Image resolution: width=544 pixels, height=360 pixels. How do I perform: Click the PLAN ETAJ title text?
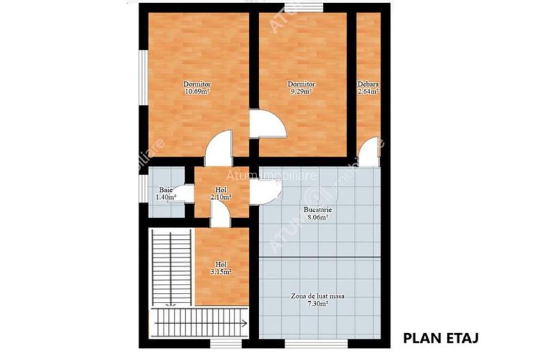pos(440,338)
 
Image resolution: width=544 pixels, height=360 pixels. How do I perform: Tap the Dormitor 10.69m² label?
pos(197,88)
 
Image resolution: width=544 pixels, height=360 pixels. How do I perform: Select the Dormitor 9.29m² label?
pos(300,88)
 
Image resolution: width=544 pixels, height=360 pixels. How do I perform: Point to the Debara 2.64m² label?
pos(368,88)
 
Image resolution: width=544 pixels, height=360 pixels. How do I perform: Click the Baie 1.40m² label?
pos(166,193)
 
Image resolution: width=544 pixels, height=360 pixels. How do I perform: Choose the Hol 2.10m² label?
pos(221,193)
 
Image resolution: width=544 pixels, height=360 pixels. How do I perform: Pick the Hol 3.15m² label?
pos(221,268)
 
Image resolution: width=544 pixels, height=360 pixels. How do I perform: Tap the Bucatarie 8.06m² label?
pos(317,214)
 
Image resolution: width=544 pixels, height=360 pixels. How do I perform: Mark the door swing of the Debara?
pos(369,153)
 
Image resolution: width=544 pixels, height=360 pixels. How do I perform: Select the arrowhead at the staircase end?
pos(245,324)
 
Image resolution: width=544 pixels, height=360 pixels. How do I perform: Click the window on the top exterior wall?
pos(304,7)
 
